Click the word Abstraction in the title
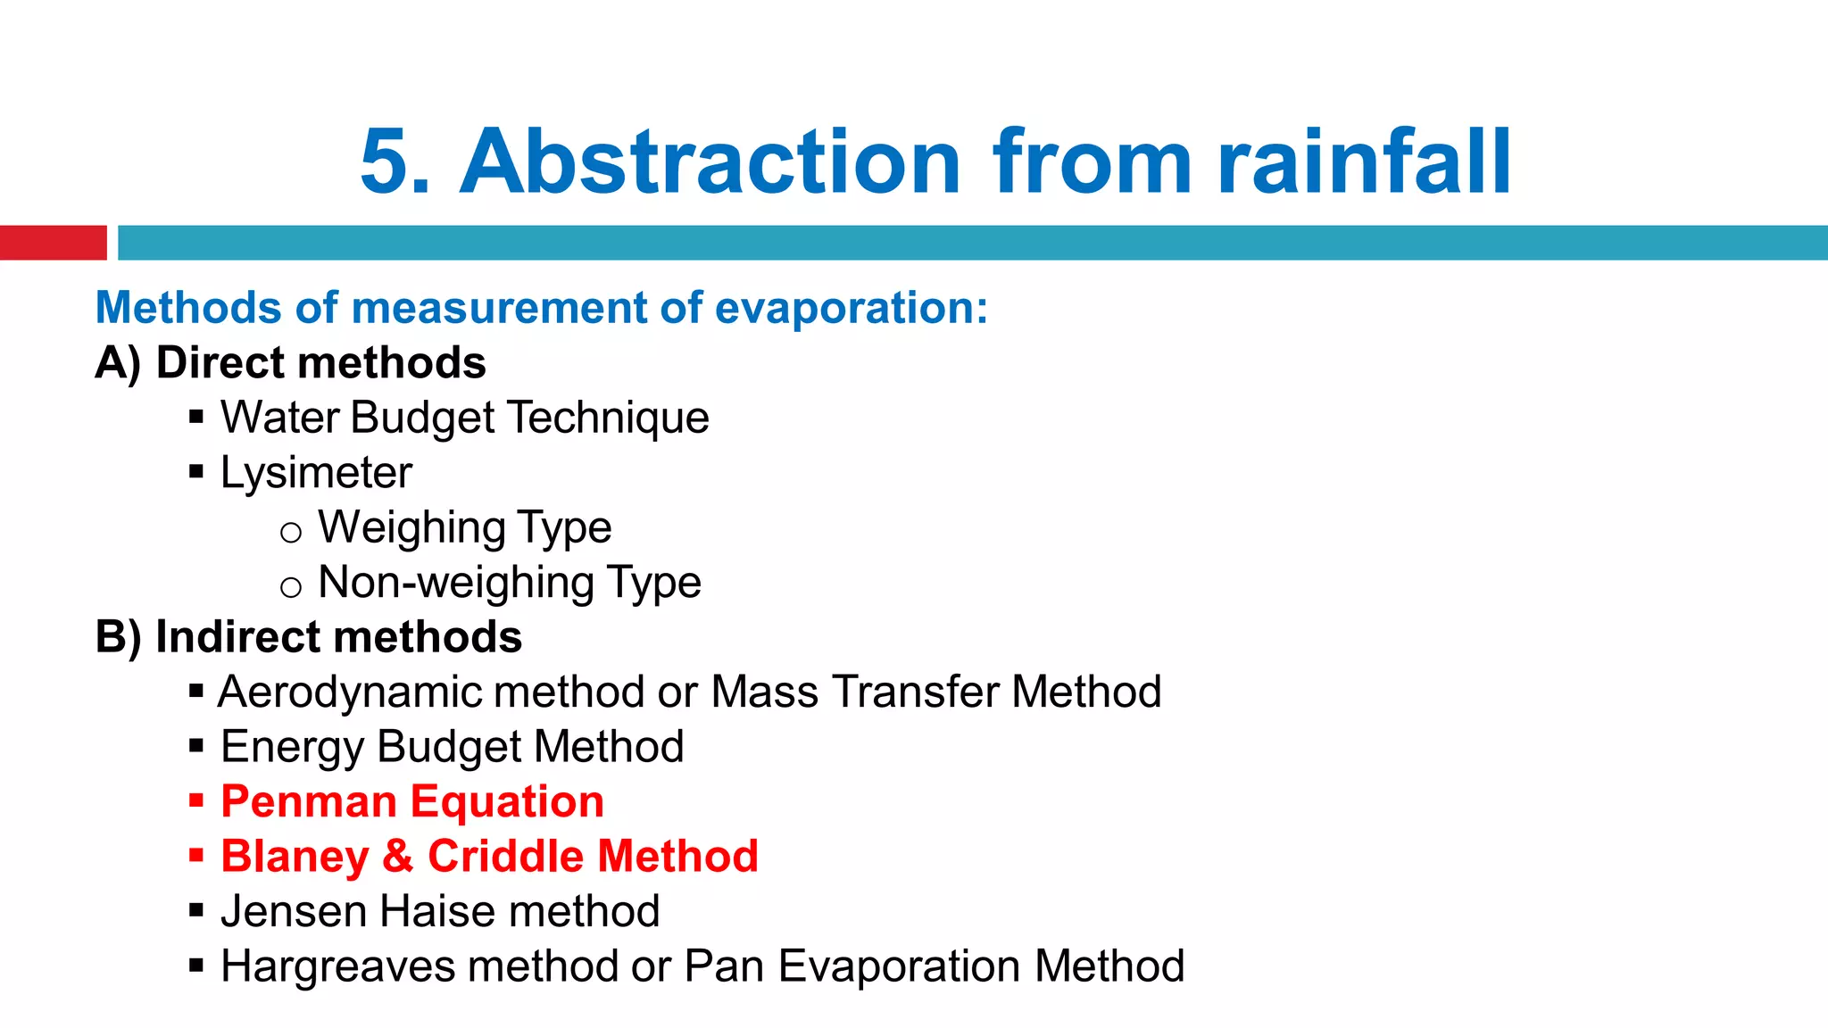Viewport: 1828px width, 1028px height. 710,162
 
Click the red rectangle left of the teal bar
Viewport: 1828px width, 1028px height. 53,243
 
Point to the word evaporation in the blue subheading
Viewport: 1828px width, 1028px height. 851,308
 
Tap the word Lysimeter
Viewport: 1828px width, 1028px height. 316,473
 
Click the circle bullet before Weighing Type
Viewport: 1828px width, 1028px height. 291,533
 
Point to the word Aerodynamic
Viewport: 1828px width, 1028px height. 343,692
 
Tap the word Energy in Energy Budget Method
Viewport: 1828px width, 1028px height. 292,747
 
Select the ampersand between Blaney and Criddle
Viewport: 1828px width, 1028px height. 398,857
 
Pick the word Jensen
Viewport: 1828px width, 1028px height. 293,912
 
